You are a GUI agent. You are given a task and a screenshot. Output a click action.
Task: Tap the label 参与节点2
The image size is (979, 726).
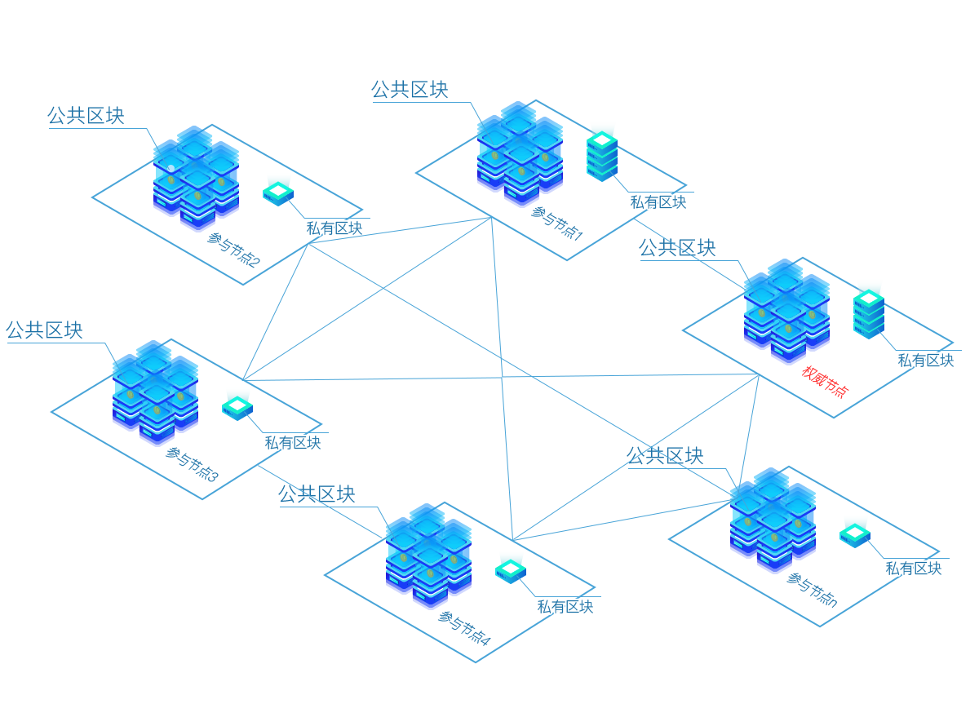coord(233,250)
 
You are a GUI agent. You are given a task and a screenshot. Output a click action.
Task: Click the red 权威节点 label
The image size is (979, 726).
coord(825,381)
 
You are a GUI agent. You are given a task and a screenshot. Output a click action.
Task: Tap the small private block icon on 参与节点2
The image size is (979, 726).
coord(278,193)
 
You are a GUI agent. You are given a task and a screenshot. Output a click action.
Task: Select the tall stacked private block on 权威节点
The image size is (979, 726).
coord(869,312)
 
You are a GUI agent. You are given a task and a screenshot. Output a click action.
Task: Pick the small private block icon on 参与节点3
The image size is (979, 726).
coord(237,407)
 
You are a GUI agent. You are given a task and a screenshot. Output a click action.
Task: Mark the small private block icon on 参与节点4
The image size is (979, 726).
coord(510,570)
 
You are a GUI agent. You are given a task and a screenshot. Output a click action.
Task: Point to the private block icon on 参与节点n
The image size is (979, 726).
coord(855,534)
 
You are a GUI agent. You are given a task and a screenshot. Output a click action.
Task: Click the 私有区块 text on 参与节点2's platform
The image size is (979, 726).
coord(334,228)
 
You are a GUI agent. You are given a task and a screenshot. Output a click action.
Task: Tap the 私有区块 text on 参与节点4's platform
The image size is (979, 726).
coord(565,607)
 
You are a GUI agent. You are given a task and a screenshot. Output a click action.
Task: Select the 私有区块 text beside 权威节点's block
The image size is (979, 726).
coord(926,360)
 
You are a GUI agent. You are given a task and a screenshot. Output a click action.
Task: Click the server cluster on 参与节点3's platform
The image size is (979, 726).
coord(155,390)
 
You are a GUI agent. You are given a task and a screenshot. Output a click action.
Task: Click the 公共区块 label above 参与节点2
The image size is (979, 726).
coord(86,116)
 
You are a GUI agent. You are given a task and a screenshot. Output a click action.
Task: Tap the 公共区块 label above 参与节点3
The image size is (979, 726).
coord(44,330)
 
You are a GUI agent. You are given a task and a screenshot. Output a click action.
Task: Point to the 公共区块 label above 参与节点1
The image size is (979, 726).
coord(410,89)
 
